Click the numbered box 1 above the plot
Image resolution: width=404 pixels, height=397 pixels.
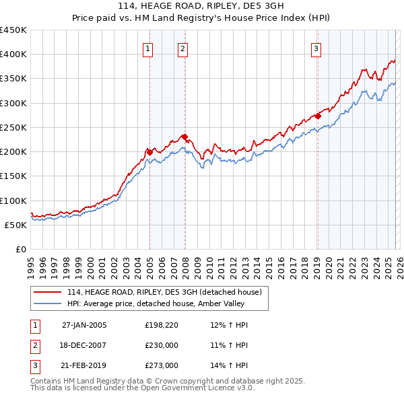click(147, 48)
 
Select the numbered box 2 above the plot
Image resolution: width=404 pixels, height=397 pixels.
click(182, 48)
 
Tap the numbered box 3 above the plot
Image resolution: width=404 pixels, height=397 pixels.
click(315, 48)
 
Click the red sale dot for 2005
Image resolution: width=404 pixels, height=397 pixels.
click(149, 152)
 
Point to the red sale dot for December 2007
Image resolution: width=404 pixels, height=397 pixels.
click(184, 137)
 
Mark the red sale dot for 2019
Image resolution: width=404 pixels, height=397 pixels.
click(318, 116)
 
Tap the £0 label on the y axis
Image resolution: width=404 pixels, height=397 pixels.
click(20, 249)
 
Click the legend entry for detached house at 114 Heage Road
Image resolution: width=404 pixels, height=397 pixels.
click(168, 291)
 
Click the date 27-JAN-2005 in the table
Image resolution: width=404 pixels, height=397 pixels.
click(84, 325)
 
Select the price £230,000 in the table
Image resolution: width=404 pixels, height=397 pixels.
click(162, 345)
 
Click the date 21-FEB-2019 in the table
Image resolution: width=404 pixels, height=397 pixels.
click(84, 365)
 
